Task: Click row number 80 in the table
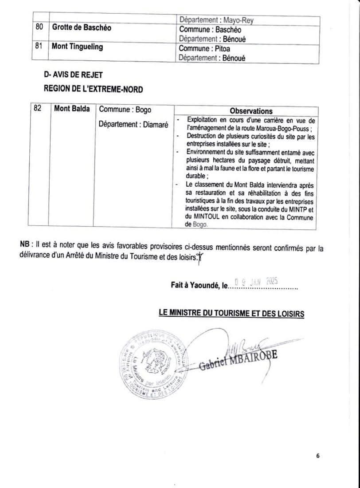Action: tap(39, 28)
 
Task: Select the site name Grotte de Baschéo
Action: tap(82, 28)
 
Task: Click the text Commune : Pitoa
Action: tap(204, 48)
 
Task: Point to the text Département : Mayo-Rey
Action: tap(216, 20)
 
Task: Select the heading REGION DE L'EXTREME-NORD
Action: tap(93, 89)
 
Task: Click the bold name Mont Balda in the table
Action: tap(72, 109)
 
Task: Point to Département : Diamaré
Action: tap(133, 125)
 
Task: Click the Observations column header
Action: tap(251, 111)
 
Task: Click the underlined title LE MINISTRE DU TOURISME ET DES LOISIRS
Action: tap(231, 314)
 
